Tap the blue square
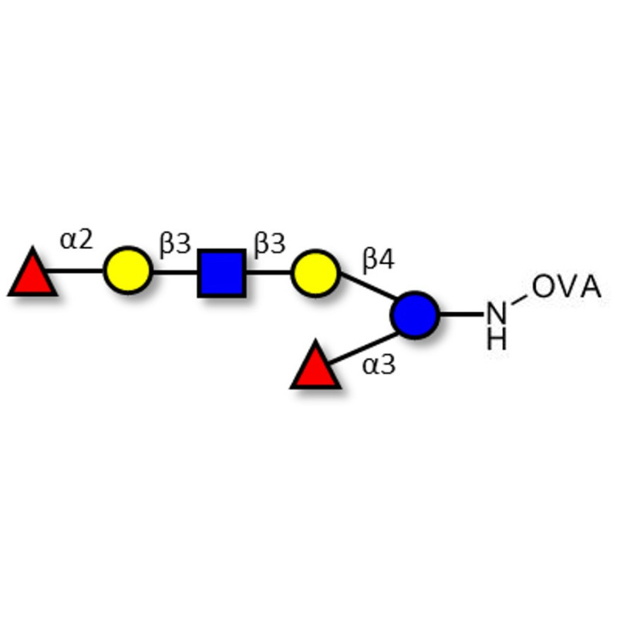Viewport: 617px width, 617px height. coord(222,272)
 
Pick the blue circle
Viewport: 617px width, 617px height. coord(415,315)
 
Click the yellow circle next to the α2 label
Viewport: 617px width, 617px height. coord(128,271)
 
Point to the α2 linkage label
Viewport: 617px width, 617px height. coord(76,240)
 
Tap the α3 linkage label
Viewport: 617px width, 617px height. coord(379,365)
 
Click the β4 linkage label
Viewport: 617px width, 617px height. coord(379,260)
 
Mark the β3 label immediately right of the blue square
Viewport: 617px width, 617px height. coord(270,244)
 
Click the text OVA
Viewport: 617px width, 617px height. coord(566,288)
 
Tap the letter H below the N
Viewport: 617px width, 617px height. coord(497,339)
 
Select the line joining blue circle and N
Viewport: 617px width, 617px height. coord(462,315)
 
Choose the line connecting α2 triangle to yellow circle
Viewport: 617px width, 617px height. coord(77,271)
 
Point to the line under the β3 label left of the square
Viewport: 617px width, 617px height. coord(175,271)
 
